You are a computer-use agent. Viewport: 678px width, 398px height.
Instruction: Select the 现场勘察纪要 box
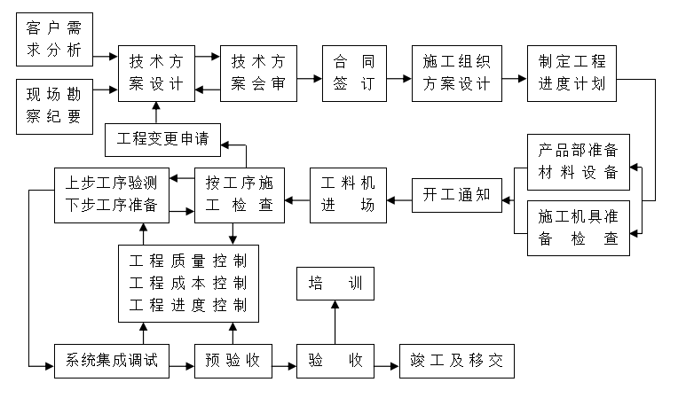[54, 104]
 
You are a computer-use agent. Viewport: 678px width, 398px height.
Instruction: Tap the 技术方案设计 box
[156, 73]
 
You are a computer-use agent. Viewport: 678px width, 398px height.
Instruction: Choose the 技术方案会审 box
[258, 73]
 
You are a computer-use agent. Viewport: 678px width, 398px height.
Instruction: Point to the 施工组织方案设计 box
[457, 73]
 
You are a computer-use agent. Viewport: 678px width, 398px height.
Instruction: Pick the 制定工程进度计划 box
[572, 73]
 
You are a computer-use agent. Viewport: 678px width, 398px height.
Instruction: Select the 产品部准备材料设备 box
[578, 162]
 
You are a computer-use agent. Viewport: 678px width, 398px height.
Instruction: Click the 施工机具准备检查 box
[578, 228]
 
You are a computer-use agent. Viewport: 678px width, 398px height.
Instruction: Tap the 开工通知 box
[457, 195]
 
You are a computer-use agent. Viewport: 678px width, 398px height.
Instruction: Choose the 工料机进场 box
[349, 195]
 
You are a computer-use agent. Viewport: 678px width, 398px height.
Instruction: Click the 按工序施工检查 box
[239, 195]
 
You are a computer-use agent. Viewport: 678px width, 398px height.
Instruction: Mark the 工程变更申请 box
[156, 138]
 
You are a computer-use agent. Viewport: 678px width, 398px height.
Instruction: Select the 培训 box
[335, 285]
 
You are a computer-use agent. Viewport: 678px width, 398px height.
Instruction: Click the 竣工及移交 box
[456, 361]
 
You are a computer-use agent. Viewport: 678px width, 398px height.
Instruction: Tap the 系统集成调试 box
[111, 361]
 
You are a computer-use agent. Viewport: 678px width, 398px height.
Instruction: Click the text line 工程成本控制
[188, 284]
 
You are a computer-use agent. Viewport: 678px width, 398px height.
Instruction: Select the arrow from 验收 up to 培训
[335, 323]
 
